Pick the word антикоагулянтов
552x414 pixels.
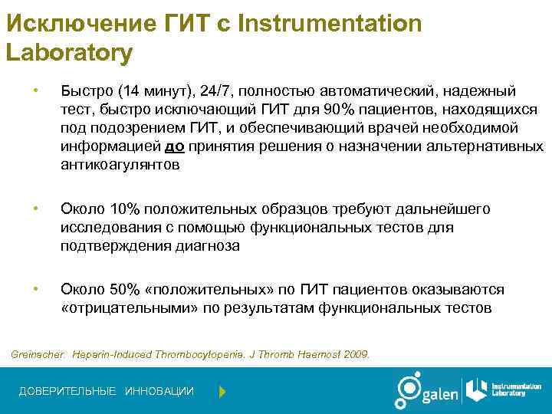121,164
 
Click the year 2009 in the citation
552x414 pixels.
354,355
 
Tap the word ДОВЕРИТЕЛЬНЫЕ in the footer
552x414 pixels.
67,392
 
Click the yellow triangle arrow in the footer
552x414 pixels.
222,392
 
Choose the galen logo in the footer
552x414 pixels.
426,390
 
